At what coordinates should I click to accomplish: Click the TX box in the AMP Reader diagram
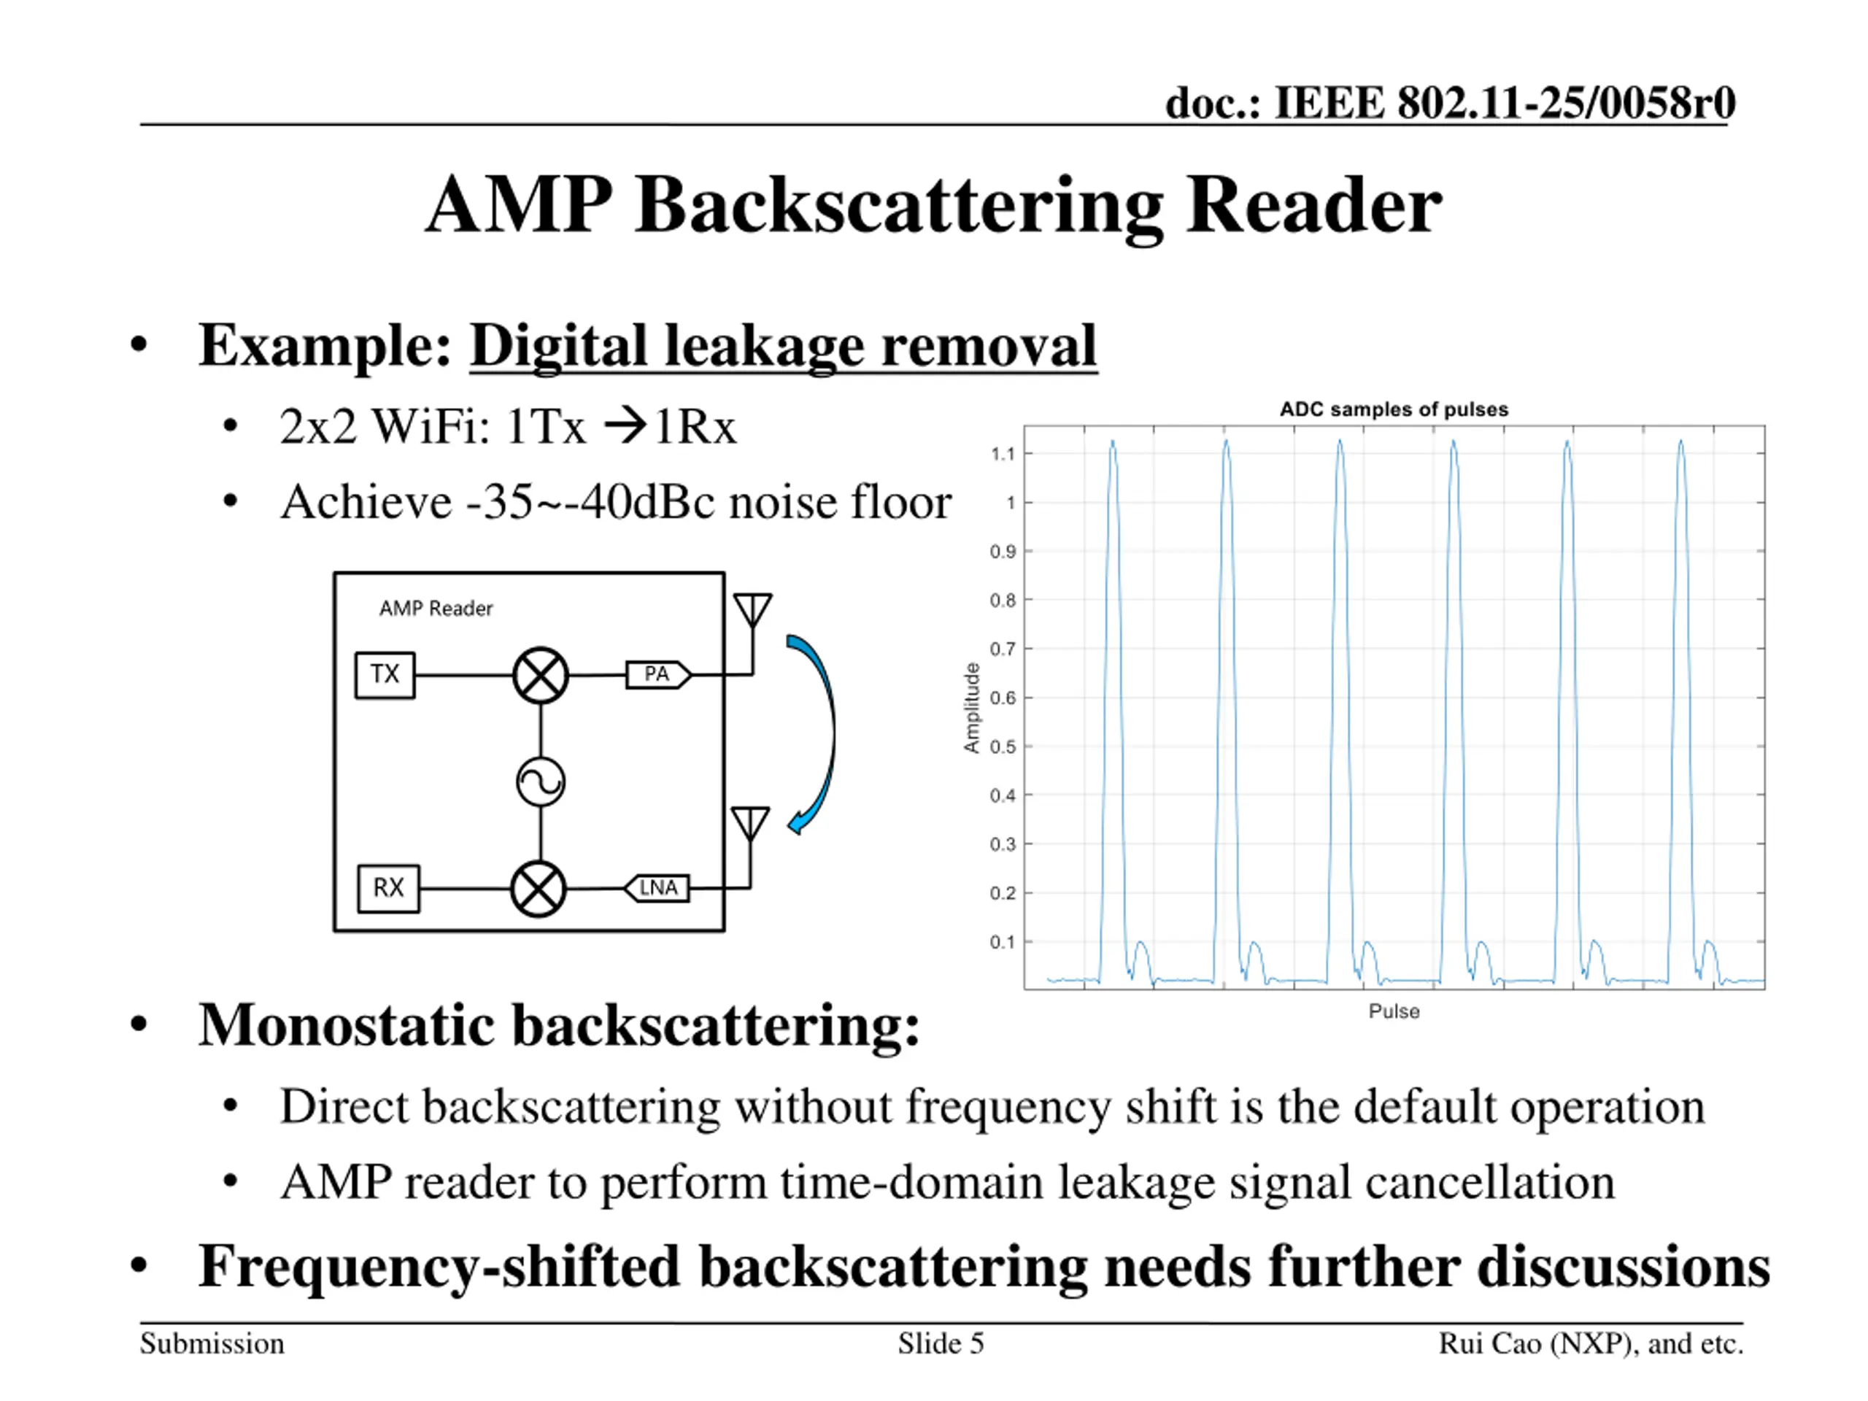(385, 675)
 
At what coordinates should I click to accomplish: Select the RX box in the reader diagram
(388, 889)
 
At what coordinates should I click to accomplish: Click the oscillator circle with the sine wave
(541, 782)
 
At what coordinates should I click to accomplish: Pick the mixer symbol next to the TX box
(541, 676)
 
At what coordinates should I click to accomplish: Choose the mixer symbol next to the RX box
(539, 889)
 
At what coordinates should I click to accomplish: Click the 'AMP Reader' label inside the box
(436, 609)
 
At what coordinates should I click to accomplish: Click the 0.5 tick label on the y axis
(1003, 747)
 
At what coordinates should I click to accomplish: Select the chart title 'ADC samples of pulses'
(1394, 409)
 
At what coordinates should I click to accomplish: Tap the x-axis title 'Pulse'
(1394, 1011)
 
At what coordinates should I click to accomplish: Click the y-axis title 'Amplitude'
(972, 708)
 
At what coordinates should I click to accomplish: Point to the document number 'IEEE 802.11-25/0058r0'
(1505, 103)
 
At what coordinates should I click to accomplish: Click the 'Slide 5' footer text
(941, 1343)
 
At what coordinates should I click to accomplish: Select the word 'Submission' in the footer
(212, 1343)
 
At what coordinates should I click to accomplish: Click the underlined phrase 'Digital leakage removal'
(784, 347)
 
